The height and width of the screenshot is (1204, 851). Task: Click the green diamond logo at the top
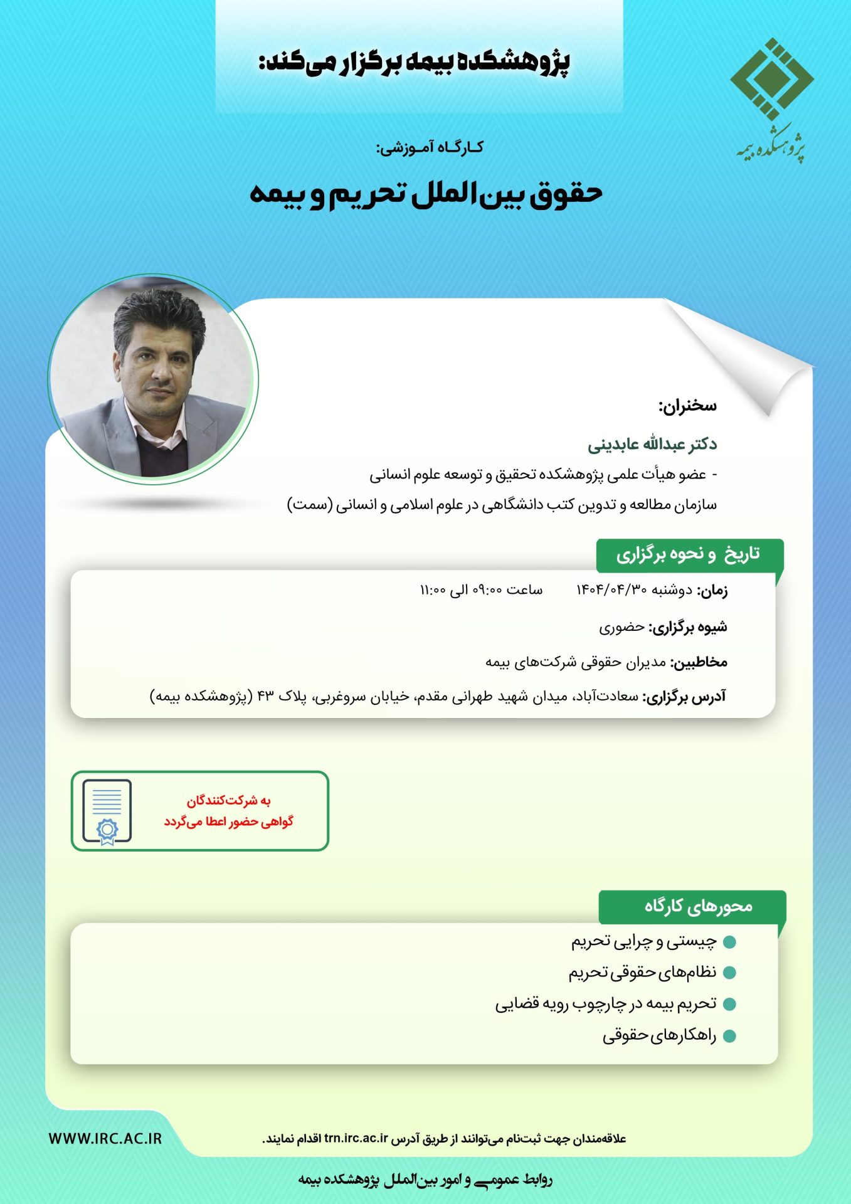(x=771, y=79)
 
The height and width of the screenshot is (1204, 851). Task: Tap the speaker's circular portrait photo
(x=153, y=379)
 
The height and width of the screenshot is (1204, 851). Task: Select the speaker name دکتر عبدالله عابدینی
(x=652, y=445)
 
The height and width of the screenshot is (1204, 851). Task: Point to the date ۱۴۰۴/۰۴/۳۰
(x=611, y=590)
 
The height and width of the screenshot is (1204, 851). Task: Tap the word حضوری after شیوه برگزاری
(x=621, y=626)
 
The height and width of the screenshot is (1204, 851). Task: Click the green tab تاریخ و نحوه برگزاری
(x=688, y=554)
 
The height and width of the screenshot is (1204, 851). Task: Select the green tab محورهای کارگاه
(x=698, y=906)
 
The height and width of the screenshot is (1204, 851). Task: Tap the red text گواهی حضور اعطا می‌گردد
(x=229, y=821)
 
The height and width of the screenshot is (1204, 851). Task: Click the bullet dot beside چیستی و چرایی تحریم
(x=729, y=942)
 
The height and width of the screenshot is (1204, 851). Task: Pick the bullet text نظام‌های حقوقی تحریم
(x=642, y=973)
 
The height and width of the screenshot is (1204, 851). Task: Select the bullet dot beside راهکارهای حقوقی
(x=729, y=1036)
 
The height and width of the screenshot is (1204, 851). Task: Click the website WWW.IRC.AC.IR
(x=105, y=1139)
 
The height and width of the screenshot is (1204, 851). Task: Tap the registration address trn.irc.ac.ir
(x=356, y=1139)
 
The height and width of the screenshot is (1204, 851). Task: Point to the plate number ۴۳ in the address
(x=266, y=696)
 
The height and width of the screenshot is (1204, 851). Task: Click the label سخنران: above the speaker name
(x=687, y=406)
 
